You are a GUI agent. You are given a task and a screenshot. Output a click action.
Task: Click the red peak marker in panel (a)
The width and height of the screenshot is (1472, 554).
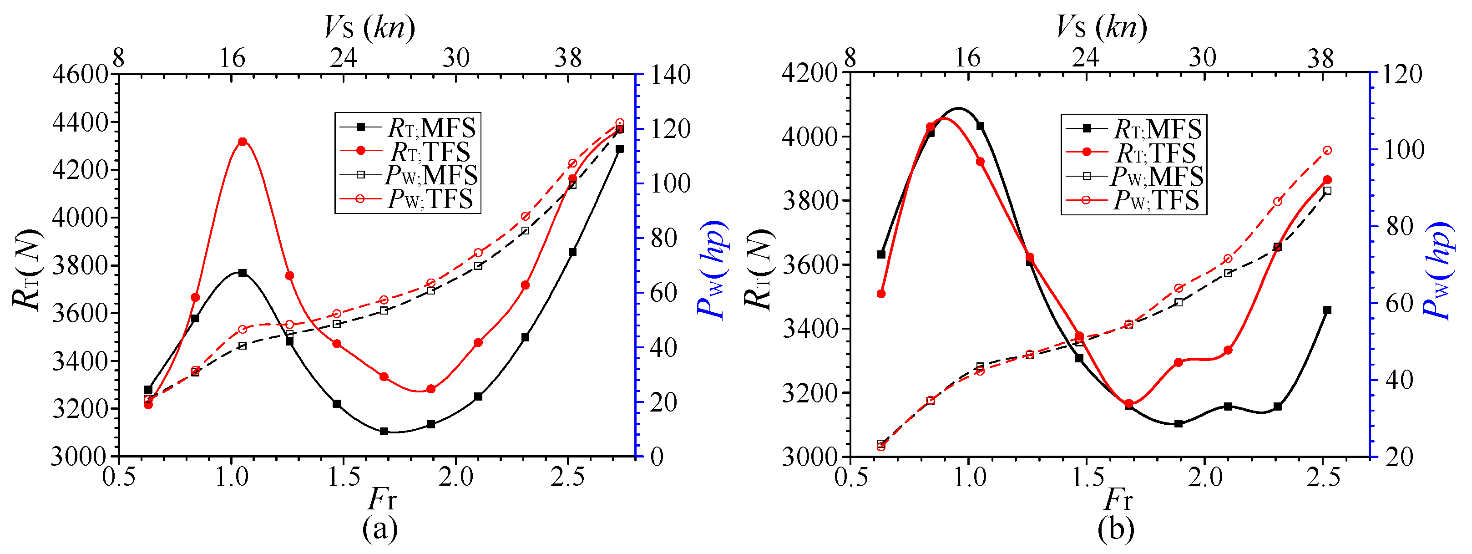(242, 142)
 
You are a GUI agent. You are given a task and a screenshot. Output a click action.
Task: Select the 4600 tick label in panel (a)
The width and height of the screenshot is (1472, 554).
(80, 74)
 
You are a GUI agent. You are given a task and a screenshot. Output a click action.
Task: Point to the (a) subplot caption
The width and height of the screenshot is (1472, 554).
(379, 529)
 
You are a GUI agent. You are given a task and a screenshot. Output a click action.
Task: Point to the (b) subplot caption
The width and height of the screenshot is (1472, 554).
(1115, 529)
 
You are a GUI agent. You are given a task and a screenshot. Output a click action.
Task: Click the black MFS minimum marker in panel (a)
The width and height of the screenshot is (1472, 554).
(384, 431)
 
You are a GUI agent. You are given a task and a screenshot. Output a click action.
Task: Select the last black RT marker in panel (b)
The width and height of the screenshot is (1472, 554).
(1327, 310)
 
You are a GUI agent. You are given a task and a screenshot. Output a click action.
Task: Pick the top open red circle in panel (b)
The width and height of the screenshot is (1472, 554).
(1327, 150)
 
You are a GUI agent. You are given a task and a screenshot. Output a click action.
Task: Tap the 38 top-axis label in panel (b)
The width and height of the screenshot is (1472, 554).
(1320, 58)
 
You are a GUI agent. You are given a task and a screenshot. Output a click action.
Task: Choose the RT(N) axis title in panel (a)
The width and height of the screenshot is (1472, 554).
(27, 270)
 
